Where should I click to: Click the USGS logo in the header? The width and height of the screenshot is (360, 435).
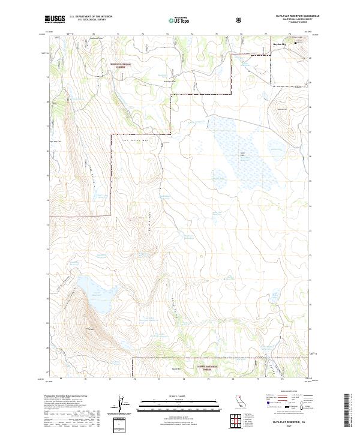click(55, 19)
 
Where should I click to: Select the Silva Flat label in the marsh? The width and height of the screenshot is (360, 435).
click(244, 155)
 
